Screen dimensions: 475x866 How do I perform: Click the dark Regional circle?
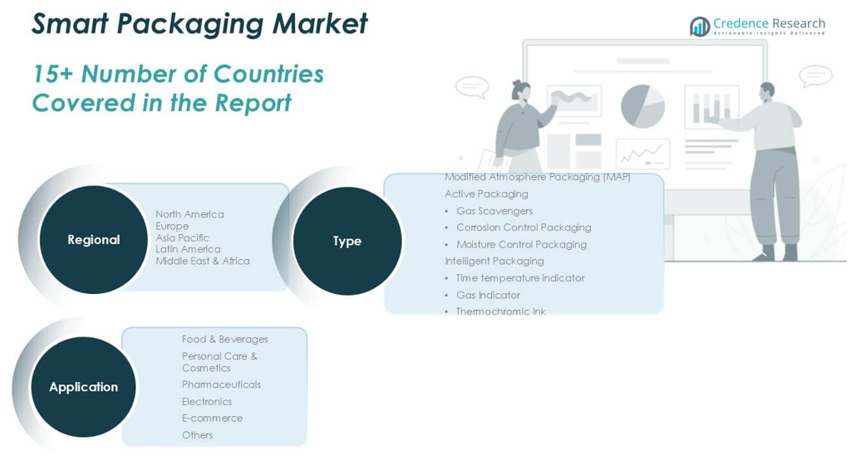click(x=93, y=239)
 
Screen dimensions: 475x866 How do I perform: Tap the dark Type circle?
click(x=347, y=241)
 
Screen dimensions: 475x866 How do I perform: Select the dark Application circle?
click(x=83, y=387)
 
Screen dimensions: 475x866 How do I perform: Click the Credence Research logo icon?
click(x=700, y=27)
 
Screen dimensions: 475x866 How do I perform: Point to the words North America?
click(x=189, y=214)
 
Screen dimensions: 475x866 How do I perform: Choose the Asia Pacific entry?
click(x=182, y=237)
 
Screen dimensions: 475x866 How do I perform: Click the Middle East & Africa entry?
click(x=202, y=261)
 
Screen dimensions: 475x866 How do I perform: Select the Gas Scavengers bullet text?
click(x=494, y=211)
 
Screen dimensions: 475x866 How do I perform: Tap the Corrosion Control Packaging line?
click(x=524, y=228)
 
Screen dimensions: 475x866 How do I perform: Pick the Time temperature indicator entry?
click(x=519, y=278)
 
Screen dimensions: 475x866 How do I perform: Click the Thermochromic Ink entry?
click(x=500, y=311)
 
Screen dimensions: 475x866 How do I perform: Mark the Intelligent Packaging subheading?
click(x=494, y=261)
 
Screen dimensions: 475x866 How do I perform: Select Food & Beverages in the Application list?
click(x=224, y=339)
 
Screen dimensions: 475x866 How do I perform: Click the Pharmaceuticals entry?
click(x=221, y=384)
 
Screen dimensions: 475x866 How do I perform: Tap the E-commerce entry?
click(x=212, y=418)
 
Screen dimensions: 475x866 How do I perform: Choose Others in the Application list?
click(x=197, y=435)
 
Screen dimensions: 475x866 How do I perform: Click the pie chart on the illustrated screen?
click(x=642, y=105)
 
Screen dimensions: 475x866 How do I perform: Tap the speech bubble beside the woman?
click(x=472, y=86)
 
